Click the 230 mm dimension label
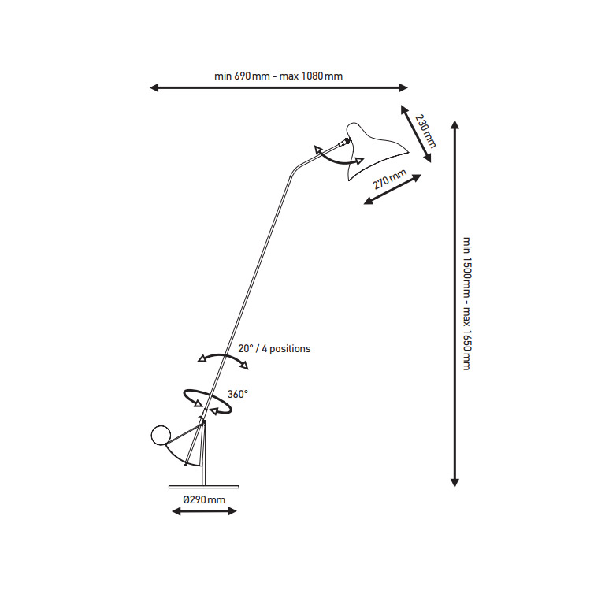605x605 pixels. (x=425, y=132)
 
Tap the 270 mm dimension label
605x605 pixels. (x=390, y=180)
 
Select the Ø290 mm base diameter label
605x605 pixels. (x=204, y=500)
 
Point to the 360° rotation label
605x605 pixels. (x=238, y=395)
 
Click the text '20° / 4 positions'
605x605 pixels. (x=274, y=349)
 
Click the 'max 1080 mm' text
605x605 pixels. (x=311, y=76)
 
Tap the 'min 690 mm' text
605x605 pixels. (x=242, y=76)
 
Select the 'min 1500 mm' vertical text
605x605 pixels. (x=467, y=266)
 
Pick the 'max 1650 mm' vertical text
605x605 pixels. (x=467, y=340)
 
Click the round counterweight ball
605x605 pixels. (x=161, y=435)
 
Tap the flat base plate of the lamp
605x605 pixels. (x=204, y=487)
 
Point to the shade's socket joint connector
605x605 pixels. (x=343, y=143)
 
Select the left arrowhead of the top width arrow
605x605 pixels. (x=154, y=87)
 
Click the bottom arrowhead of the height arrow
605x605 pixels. (x=455, y=483)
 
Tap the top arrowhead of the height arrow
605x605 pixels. (x=455, y=124)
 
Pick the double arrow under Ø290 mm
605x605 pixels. (x=204, y=511)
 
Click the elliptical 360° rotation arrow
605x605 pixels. (x=208, y=402)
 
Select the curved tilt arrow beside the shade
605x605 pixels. (x=338, y=156)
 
